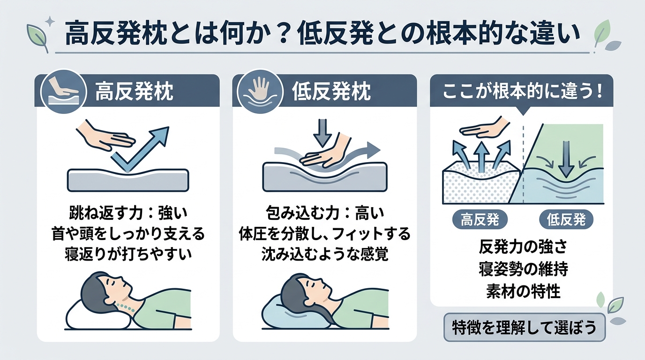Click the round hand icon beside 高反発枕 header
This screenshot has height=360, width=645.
pyautogui.click(x=64, y=91)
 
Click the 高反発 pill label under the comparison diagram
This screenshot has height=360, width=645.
pyautogui.click(x=480, y=220)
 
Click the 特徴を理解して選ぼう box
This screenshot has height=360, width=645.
pyautogui.click(x=525, y=327)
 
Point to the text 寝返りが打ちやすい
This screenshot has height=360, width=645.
pyautogui.click(x=128, y=254)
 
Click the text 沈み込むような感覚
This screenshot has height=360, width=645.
pyautogui.click(x=325, y=254)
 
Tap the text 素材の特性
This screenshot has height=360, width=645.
pyautogui.click(x=523, y=291)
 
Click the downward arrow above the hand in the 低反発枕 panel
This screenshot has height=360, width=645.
pyautogui.click(x=322, y=133)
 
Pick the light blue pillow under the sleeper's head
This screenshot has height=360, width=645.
pyautogui.click(x=297, y=312)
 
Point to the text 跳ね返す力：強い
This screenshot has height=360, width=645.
pyautogui.click(x=128, y=213)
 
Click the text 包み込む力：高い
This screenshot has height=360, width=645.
pyautogui.click(x=325, y=213)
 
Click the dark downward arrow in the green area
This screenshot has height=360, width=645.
pyautogui.click(x=566, y=159)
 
